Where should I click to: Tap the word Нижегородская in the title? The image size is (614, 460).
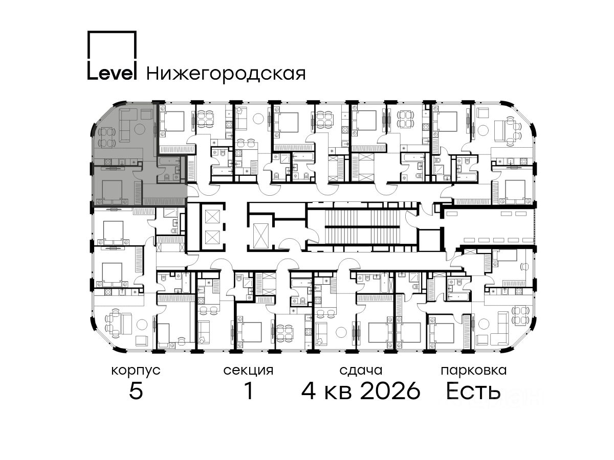[226, 74]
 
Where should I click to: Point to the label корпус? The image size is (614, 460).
[136, 371]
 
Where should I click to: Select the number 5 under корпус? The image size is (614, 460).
[136, 391]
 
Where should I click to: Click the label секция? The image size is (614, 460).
[248, 371]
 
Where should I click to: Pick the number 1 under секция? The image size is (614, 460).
[249, 390]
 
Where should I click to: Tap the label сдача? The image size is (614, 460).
[361, 371]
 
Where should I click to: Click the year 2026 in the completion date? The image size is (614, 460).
[390, 391]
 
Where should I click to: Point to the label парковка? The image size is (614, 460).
[474, 371]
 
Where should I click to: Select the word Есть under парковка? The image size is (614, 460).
[473, 390]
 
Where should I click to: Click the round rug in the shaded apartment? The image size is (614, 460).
[140, 128]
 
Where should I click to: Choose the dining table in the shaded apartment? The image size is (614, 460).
[107, 136]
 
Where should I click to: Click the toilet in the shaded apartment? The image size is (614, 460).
[166, 176]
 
